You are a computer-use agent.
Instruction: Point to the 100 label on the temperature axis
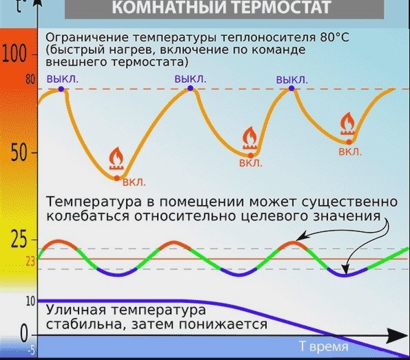click(x=14, y=55)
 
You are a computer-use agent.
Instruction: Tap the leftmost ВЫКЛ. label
click(x=63, y=78)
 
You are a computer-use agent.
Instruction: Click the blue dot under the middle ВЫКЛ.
click(x=190, y=88)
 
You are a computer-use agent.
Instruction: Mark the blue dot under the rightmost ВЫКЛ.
click(x=292, y=88)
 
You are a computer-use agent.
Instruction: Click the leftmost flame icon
click(x=117, y=160)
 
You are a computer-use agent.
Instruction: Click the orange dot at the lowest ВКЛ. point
click(x=117, y=178)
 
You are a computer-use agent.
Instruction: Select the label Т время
click(x=323, y=346)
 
